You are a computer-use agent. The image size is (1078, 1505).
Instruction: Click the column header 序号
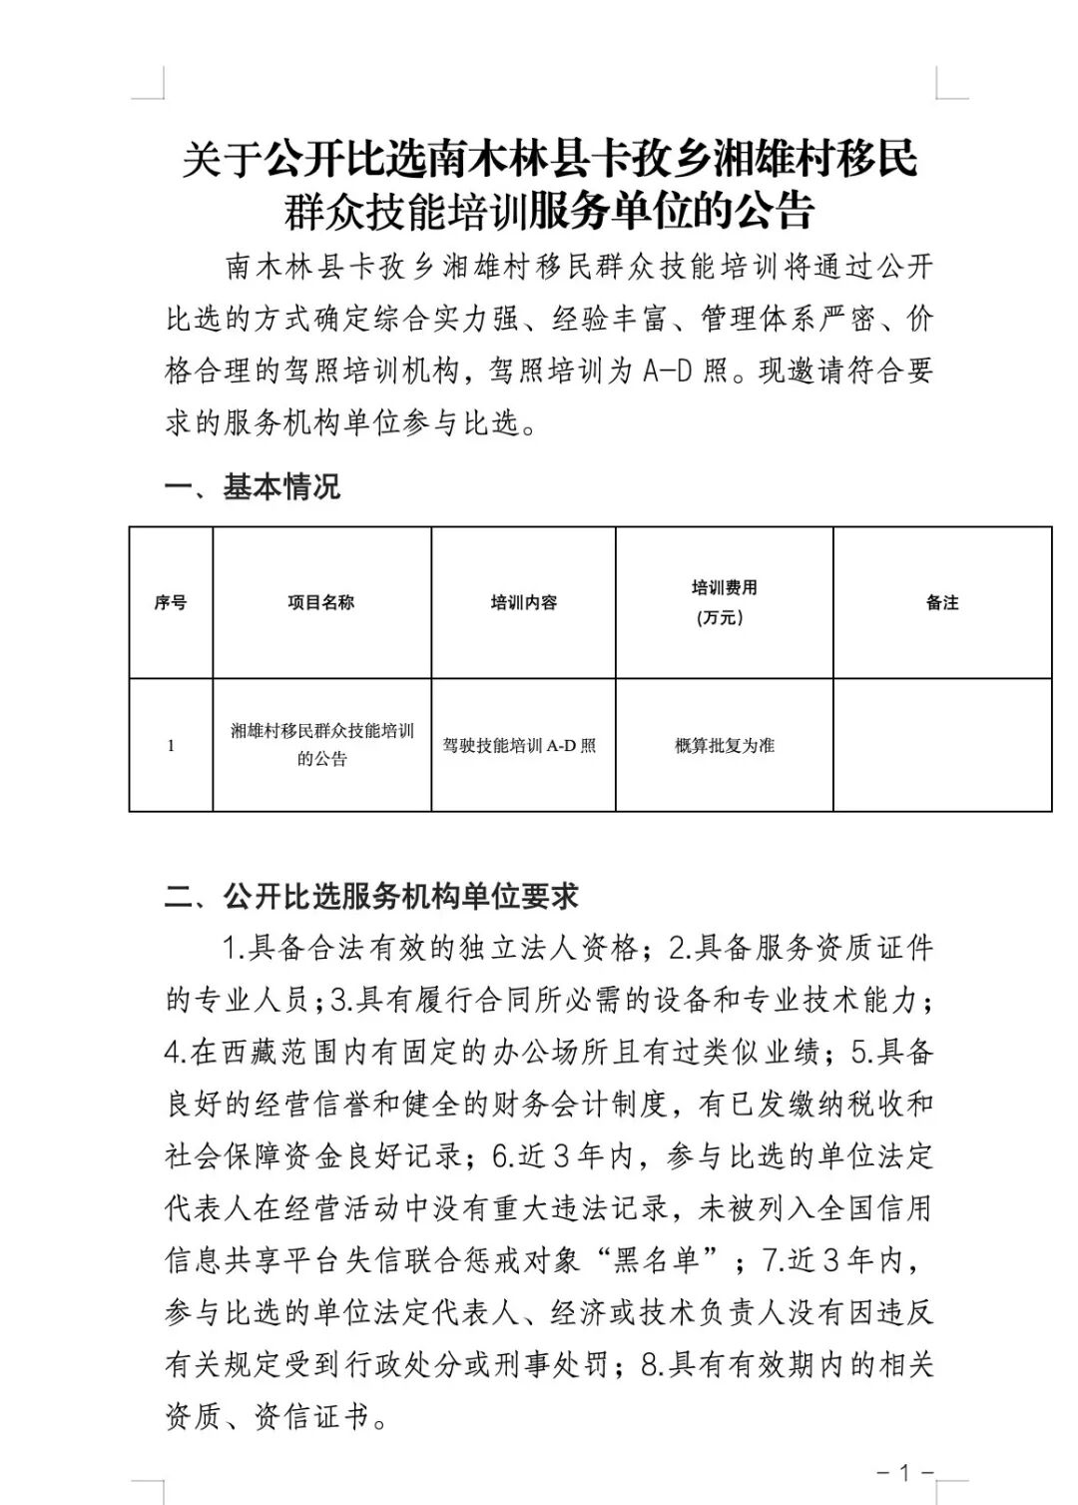point(171,602)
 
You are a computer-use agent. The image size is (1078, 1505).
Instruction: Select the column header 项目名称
point(321,602)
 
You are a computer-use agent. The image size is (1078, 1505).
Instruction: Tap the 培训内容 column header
point(523,602)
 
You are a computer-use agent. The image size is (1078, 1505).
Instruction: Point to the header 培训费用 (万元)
point(724,602)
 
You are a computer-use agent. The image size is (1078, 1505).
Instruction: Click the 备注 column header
point(942,602)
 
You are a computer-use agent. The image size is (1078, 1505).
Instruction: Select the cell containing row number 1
point(171,745)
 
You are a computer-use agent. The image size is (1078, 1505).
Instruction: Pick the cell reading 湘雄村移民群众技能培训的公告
point(321,745)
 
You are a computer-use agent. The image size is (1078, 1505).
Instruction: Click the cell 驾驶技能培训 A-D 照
point(520,746)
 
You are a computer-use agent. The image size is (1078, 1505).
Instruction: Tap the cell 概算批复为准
point(724,746)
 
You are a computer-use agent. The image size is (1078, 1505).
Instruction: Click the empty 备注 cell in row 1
point(942,745)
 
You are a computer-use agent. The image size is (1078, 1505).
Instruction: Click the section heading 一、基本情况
point(253,487)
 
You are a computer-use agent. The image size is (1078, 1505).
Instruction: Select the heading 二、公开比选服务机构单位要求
point(371,897)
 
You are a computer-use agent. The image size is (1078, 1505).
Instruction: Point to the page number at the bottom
point(904,1472)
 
